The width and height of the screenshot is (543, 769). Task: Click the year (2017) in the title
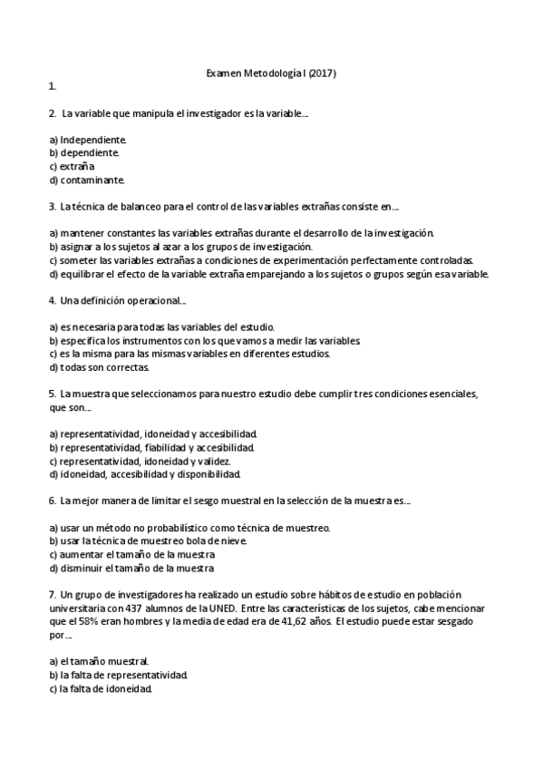(322, 73)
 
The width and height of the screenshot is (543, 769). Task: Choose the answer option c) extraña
(72, 166)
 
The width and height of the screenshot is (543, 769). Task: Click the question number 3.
(52, 206)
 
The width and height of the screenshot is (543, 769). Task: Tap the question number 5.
(52, 394)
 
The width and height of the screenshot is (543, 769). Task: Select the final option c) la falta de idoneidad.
(101, 688)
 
